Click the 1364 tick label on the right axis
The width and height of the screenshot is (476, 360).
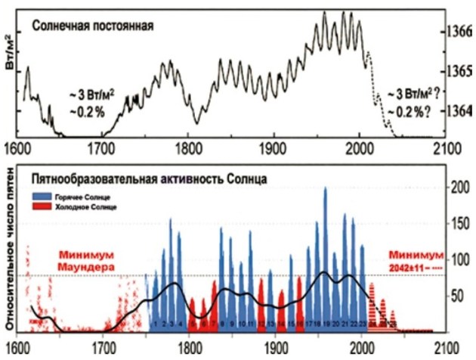[459, 110]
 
